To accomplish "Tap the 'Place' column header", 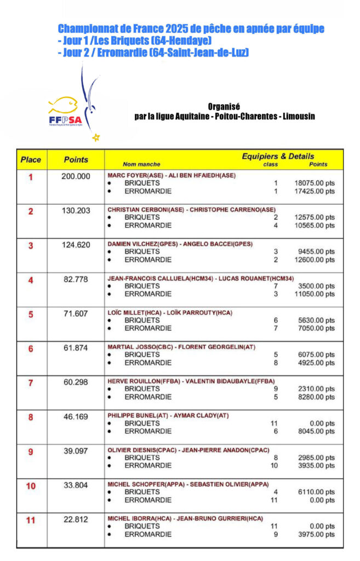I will pyautogui.click(x=31, y=160).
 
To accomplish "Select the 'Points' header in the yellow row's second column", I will pyautogui.click(x=76, y=160).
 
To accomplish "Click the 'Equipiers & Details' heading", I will pyautogui.click(x=278, y=156).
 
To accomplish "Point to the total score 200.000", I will pyautogui.click(x=76, y=176).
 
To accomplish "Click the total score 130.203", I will pyautogui.click(x=76, y=210).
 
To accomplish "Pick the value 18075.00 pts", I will pyautogui.click(x=314, y=184).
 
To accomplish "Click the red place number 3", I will pyautogui.click(x=31, y=245).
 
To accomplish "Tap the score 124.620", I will pyautogui.click(x=76, y=245).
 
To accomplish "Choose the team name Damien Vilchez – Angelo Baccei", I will pyautogui.click(x=180, y=244).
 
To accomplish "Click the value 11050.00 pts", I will pyautogui.click(x=314, y=294).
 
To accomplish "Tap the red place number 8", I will pyautogui.click(x=31, y=417).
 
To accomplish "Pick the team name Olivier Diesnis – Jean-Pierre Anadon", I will pyautogui.click(x=188, y=450).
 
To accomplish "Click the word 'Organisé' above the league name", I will pyautogui.click(x=224, y=106).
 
